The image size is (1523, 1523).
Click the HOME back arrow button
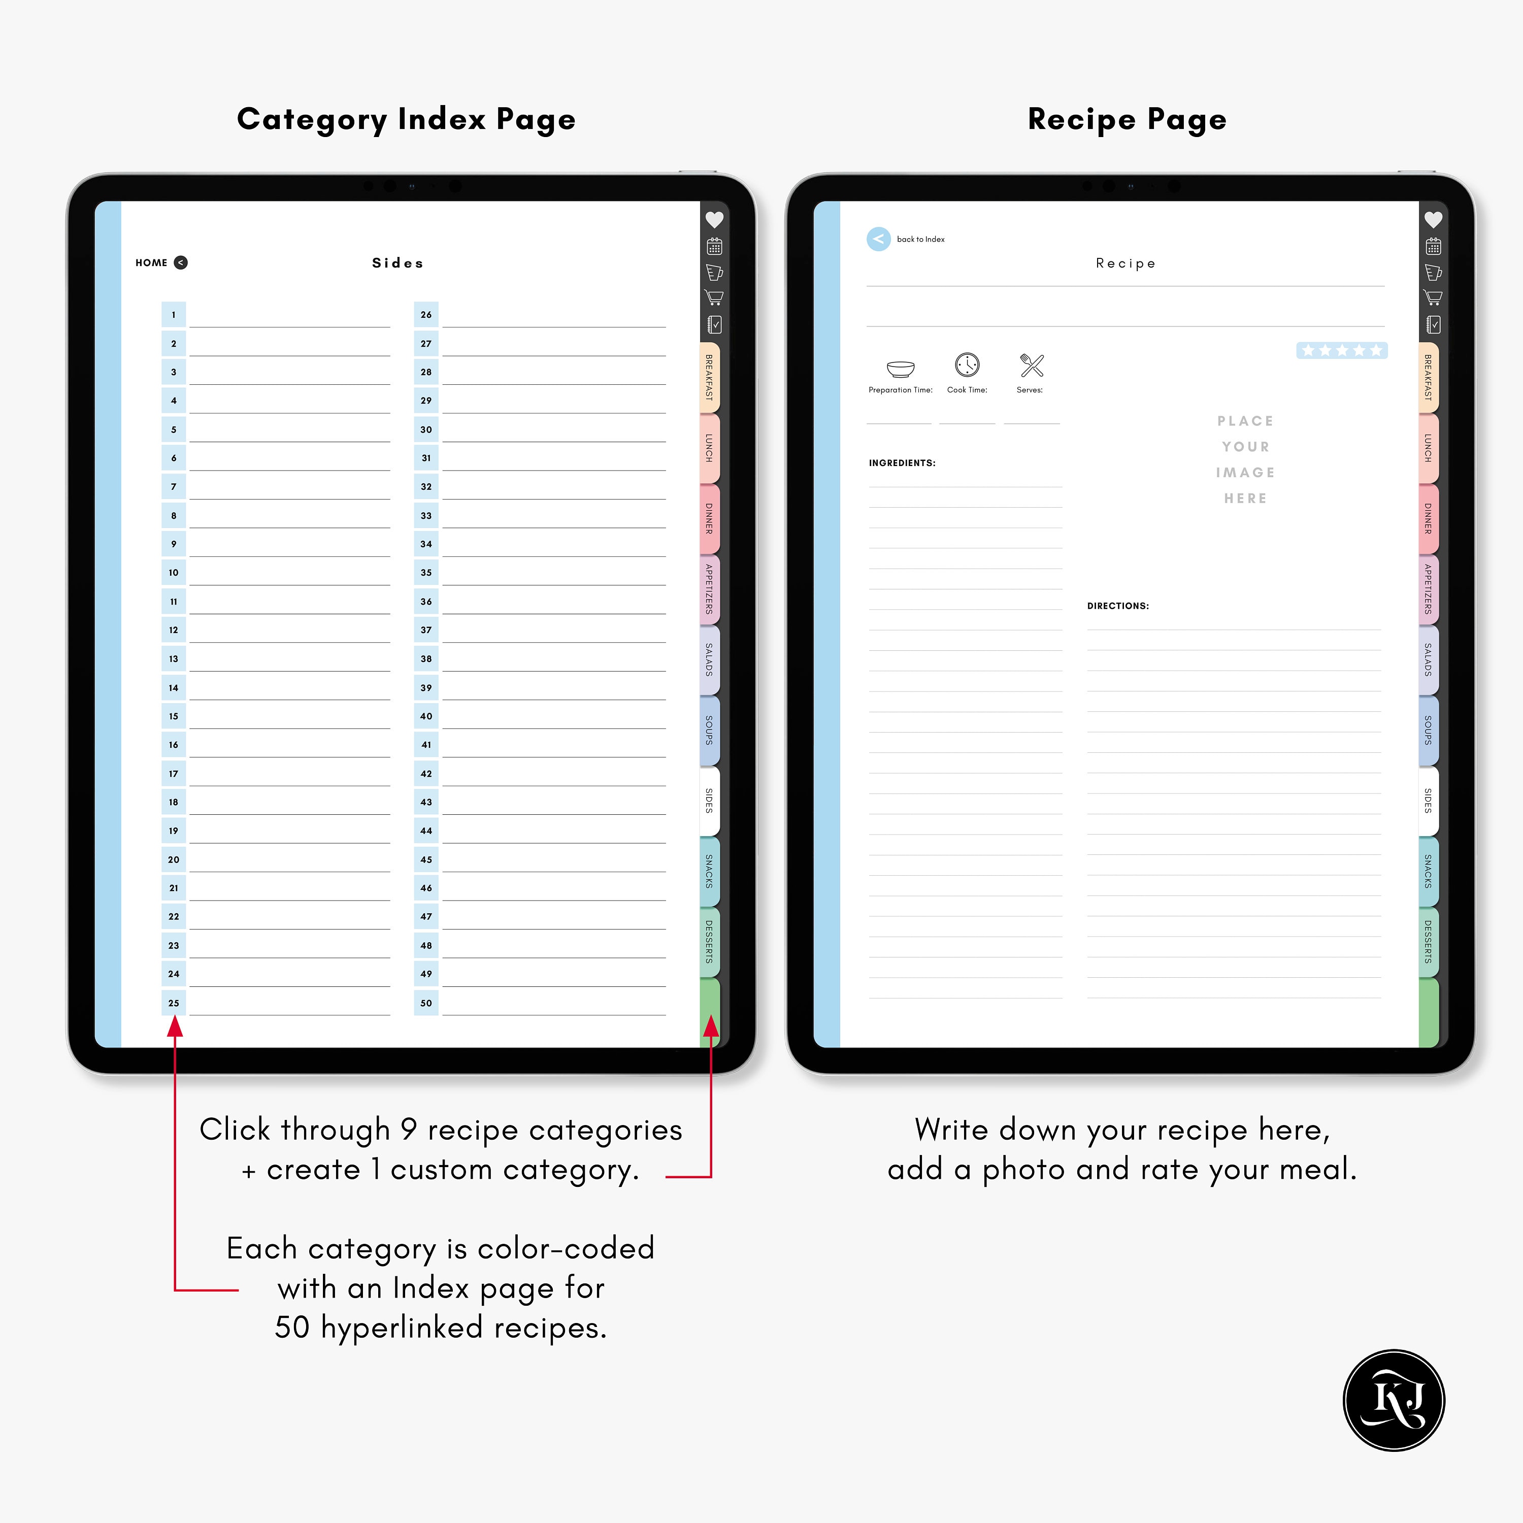pos(181,262)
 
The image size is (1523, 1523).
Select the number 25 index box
pos(174,1003)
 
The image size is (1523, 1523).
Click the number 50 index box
pos(426,1003)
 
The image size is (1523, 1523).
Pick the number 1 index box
pos(174,315)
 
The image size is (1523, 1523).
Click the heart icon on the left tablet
pos(714,220)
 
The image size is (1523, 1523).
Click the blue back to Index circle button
pos(878,239)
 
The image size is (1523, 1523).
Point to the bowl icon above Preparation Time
pos(900,368)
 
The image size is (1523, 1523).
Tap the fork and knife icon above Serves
pos(1031,365)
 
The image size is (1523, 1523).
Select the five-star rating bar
pos(1342,350)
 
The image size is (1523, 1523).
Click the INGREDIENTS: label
pos(902,462)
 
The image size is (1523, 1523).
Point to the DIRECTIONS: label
pos(1118,606)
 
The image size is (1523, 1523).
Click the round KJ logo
pos(1394,1400)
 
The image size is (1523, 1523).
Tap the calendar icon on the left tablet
pos(714,247)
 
